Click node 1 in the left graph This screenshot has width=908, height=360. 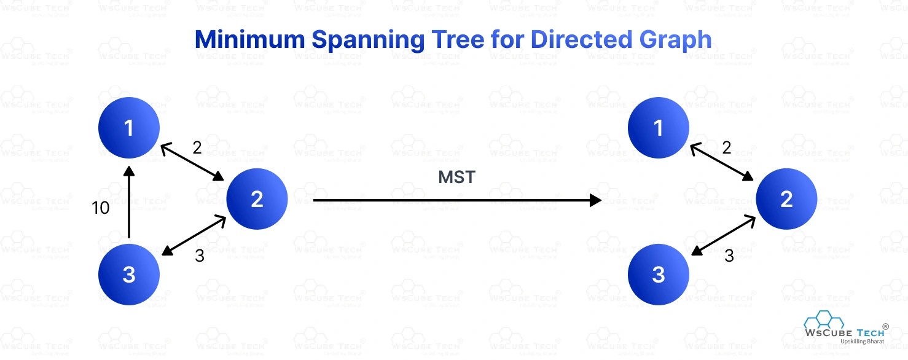pyautogui.click(x=129, y=128)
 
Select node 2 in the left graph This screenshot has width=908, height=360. pyautogui.click(x=257, y=199)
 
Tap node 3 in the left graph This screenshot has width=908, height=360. pyautogui.click(x=129, y=275)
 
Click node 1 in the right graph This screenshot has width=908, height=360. pyautogui.click(x=659, y=128)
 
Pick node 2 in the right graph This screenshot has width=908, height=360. pyautogui.click(x=786, y=199)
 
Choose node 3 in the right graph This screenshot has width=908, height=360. pyautogui.click(x=659, y=275)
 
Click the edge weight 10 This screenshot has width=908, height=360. pyautogui.click(x=100, y=208)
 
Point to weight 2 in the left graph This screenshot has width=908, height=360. pyautogui.click(x=197, y=147)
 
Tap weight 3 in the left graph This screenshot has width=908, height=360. pyautogui.click(x=199, y=256)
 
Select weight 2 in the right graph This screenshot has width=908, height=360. pyautogui.click(x=727, y=147)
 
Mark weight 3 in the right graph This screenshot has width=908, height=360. pyautogui.click(x=729, y=256)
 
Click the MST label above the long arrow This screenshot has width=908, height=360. pyautogui.click(x=456, y=178)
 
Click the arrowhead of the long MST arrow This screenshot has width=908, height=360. pyautogui.click(x=595, y=200)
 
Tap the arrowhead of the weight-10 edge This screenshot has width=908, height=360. pyautogui.click(x=128, y=172)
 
